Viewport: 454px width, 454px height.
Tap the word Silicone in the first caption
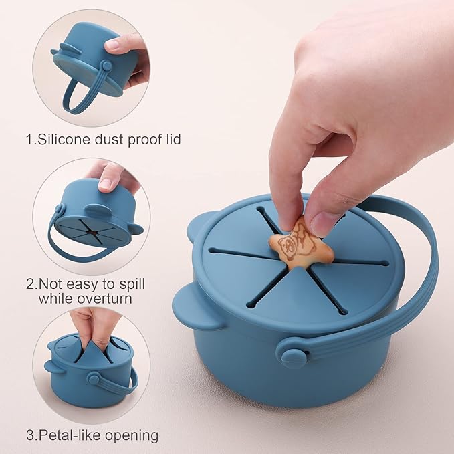pyautogui.click(x=62, y=140)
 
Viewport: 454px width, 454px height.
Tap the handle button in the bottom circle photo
pyautogui.click(x=93, y=379)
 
